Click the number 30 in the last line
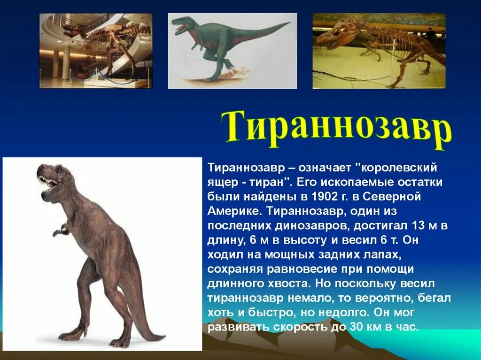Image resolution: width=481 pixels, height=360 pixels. tap(354, 327)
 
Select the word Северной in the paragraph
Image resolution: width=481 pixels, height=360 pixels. tap(392, 197)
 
